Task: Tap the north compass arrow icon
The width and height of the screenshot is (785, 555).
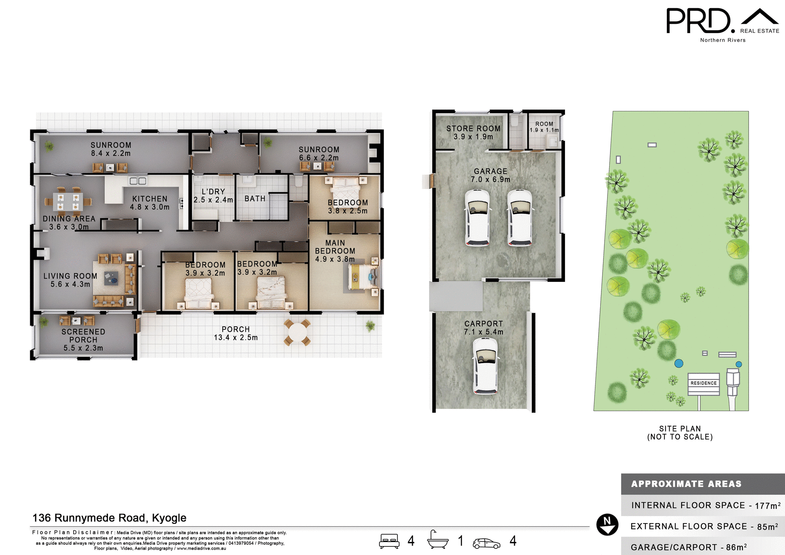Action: click(607, 524)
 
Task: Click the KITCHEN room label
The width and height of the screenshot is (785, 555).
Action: click(150, 199)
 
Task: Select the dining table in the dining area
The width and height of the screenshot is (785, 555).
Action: click(68, 201)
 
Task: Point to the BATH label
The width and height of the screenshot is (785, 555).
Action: click(255, 199)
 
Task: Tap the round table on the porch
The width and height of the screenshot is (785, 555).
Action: click(297, 332)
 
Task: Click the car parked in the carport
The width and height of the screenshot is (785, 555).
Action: click(485, 366)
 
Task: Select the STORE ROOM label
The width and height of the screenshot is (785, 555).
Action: click(473, 128)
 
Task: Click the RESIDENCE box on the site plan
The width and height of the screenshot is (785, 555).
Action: click(703, 384)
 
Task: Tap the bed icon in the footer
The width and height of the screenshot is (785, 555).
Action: click(389, 541)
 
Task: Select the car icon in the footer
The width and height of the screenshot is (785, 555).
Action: click(486, 543)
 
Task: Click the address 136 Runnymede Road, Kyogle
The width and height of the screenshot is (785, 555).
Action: click(109, 518)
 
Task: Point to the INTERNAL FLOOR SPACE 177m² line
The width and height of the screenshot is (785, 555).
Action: click(705, 506)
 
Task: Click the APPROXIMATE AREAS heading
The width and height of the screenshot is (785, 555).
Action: click(686, 484)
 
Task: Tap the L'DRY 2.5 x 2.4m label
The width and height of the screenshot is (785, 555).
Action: click(213, 195)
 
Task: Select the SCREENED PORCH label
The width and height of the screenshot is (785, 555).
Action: click(83, 336)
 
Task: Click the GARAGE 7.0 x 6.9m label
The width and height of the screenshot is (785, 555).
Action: click(490, 175)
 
